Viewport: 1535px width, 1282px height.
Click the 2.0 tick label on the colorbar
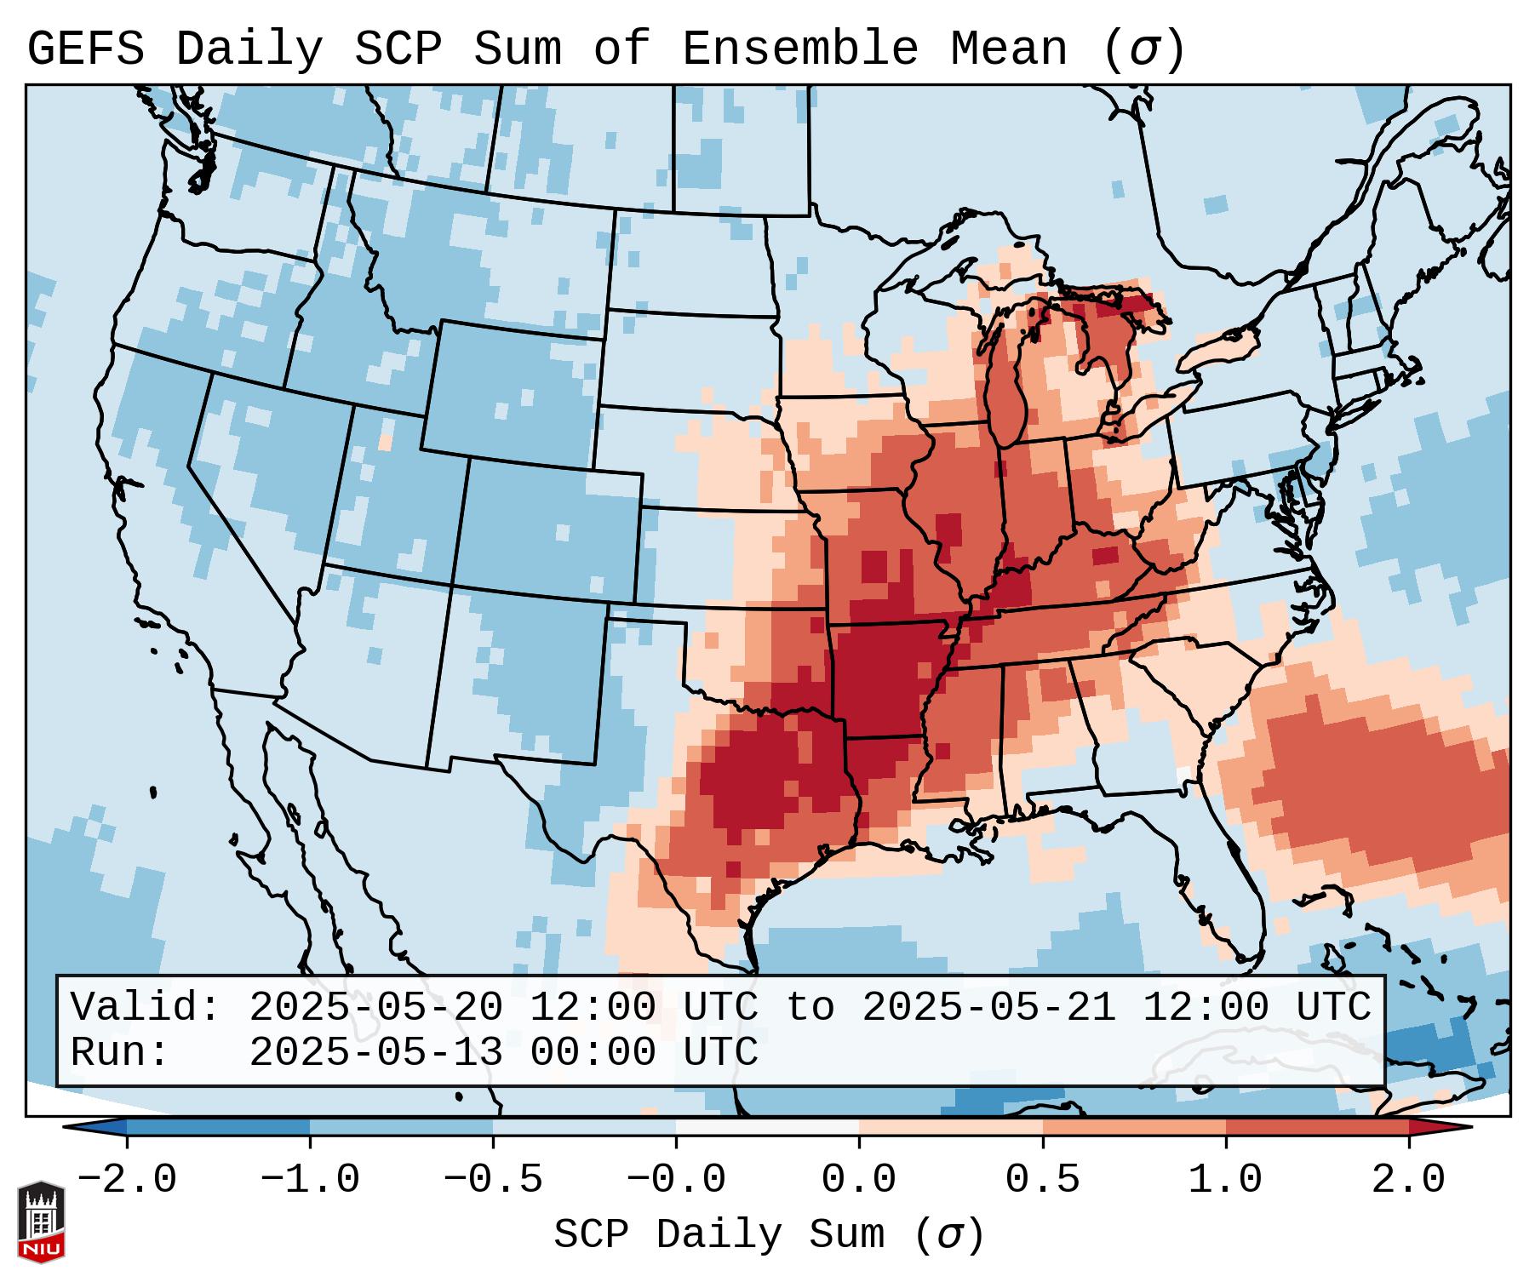(1409, 1180)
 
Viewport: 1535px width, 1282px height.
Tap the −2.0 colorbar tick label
(127, 1180)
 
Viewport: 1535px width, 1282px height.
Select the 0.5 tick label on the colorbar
(1043, 1180)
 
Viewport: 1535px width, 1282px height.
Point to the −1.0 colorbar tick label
(310, 1180)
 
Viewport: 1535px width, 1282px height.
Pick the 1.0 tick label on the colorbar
(1226, 1180)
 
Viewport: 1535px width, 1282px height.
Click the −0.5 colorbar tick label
(493, 1180)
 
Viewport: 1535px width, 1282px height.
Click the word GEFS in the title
(85, 49)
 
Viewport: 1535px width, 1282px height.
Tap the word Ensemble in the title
(799, 49)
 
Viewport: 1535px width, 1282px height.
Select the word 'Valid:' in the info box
(146, 1007)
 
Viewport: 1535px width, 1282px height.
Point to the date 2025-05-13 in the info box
(375, 1052)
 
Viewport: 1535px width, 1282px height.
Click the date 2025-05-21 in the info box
(988, 1007)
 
